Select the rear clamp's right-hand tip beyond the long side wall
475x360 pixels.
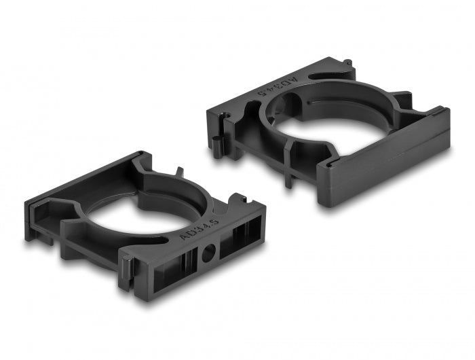tap(442, 119)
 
